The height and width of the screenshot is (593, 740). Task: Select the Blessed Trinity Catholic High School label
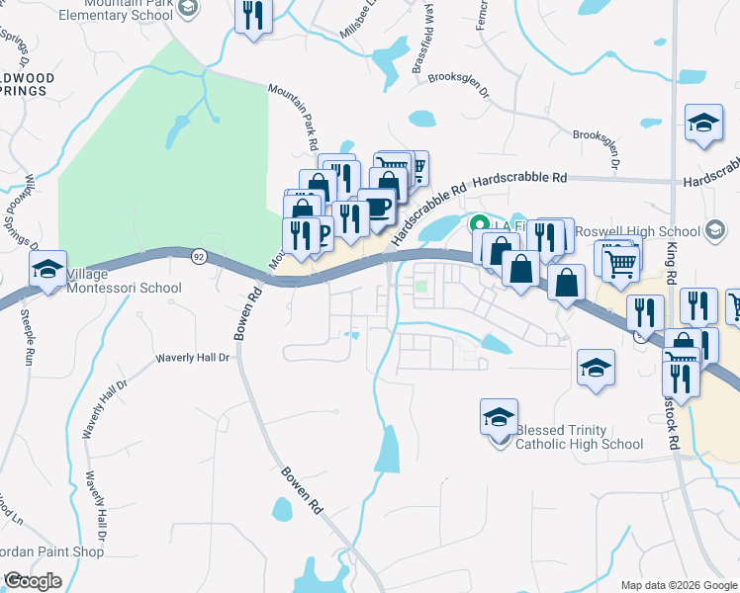[x=580, y=437]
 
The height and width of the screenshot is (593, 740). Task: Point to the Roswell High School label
[x=639, y=230]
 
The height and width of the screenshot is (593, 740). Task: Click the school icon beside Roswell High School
[x=714, y=230]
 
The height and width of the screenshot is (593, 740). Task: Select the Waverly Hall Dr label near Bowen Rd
[x=193, y=358]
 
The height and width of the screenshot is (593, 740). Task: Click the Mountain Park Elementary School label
[x=117, y=11]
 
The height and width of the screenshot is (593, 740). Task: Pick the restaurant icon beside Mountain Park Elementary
[x=253, y=16]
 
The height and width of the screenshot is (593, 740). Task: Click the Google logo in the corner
[x=33, y=581]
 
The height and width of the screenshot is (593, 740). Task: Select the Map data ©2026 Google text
[x=679, y=585]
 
